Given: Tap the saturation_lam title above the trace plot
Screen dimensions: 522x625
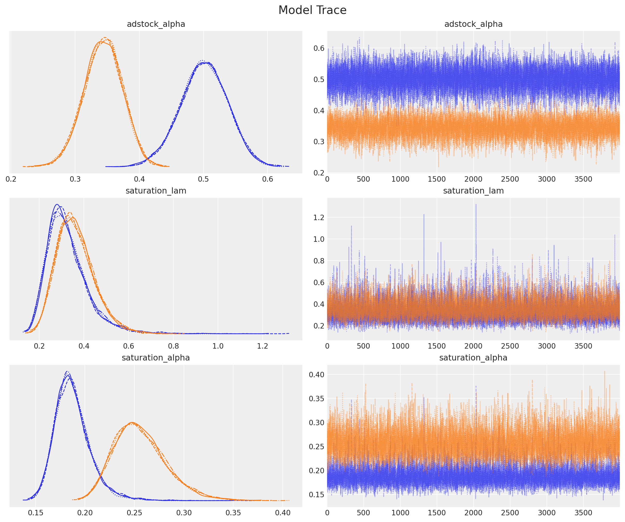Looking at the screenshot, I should click(473, 191).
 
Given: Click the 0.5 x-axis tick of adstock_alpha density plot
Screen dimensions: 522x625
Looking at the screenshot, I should click(203, 179).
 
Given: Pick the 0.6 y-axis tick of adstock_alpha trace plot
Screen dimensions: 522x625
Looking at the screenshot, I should click(319, 48).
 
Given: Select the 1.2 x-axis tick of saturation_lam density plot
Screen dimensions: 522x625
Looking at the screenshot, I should click(263, 346).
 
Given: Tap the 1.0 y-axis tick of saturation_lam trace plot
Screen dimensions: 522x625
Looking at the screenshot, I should click(319, 239).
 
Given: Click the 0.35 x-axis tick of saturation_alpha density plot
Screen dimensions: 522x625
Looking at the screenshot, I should click(233, 513).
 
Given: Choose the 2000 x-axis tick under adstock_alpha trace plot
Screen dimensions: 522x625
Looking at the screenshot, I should click(473, 179).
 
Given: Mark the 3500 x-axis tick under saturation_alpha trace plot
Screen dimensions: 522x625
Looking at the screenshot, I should click(583, 513).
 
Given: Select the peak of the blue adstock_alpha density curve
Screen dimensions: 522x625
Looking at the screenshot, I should click(202, 61).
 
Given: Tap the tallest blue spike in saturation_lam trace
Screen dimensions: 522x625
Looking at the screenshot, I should click(476, 205).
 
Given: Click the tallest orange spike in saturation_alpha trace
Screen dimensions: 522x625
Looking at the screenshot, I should click(604, 371).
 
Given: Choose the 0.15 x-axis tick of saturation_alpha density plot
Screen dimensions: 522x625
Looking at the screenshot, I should click(36, 513).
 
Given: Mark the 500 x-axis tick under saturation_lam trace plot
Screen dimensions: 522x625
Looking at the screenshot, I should click(363, 346).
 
